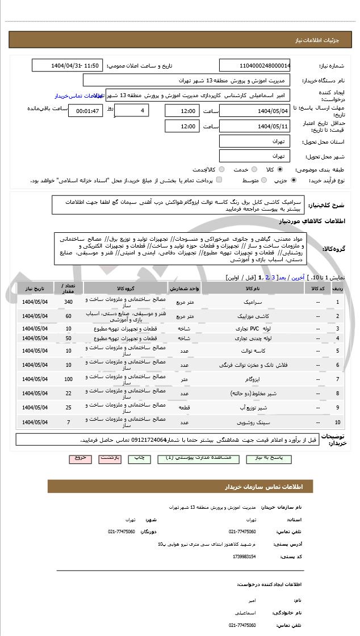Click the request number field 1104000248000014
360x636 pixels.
(x=254, y=65)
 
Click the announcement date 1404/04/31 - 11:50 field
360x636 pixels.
(x=68, y=65)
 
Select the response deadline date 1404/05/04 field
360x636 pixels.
(x=254, y=111)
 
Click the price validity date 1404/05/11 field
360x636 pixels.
(x=254, y=126)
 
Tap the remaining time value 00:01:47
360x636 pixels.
(x=86, y=111)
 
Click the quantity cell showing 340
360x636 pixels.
(x=69, y=302)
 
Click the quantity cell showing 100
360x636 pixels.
(x=69, y=379)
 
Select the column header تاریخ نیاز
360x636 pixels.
(x=35, y=288)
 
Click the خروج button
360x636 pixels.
(x=80, y=457)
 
